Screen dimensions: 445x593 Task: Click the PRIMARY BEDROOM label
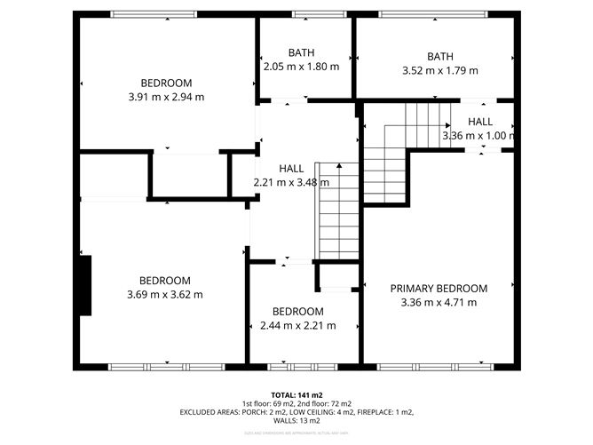(439, 289)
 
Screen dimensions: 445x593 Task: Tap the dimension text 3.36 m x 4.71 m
(439, 302)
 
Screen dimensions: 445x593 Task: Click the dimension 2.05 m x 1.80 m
(301, 67)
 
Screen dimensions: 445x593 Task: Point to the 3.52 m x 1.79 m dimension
(439, 71)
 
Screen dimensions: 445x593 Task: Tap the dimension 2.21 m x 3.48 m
(291, 182)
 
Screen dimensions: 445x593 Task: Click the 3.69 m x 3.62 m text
(165, 294)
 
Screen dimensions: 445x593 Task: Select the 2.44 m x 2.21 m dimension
(298, 326)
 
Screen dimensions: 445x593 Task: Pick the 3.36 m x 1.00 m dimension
(478, 136)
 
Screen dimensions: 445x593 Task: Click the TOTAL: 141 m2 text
(296, 394)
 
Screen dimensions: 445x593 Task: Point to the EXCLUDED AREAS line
(296, 412)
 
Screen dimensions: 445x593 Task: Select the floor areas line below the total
(296, 403)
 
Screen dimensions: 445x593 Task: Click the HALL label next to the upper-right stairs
(480, 122)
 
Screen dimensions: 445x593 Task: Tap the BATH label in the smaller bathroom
(301, 53)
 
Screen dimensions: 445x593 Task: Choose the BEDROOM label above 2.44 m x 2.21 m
(298, 312)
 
